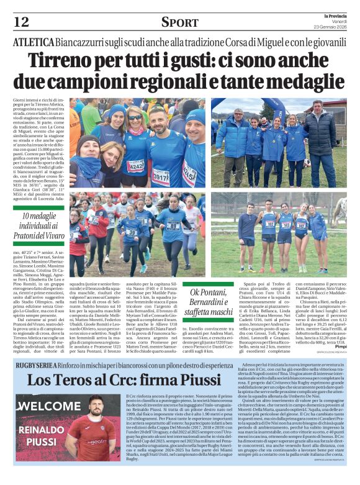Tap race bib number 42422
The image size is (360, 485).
(x=135, y=165)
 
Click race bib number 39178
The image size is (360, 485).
(x=161, y=176)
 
